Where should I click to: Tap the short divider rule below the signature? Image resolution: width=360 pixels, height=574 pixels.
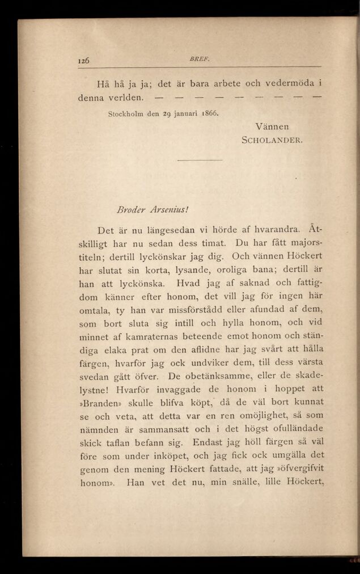(x=200, y=160)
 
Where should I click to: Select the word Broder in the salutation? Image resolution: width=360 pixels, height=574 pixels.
(x=126, y=208)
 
